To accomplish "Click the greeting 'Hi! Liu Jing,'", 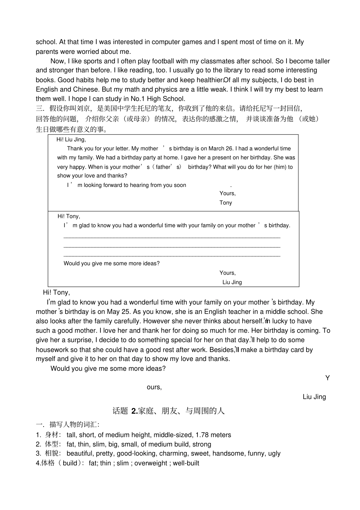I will [71, 140].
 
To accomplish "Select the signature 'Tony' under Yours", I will [225, 203].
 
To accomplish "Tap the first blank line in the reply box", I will [172, 237].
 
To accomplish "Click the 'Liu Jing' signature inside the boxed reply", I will [232, 282].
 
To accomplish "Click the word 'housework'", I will [51, 350].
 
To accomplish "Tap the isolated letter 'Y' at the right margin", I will [327, 378].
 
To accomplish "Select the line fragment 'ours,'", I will [154, 387].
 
